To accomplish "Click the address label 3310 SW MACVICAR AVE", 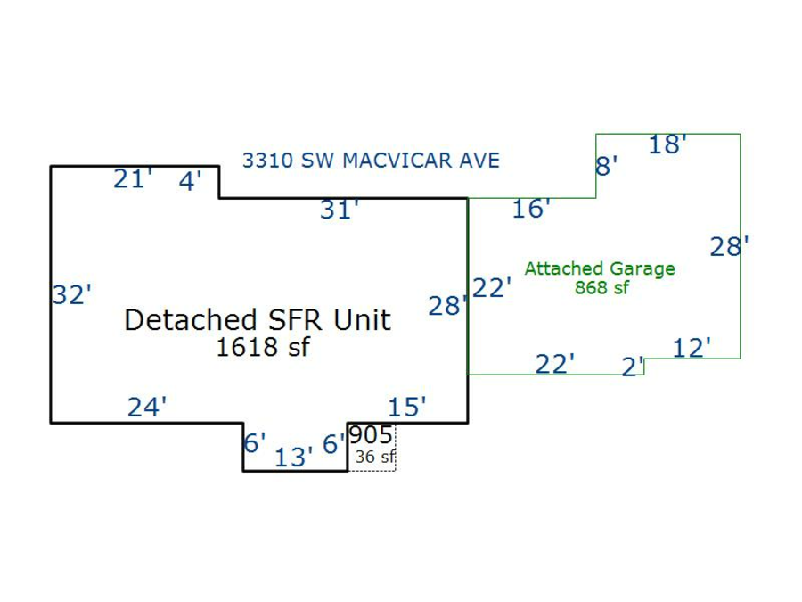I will pos(371,161).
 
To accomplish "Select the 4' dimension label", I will pos(191,181).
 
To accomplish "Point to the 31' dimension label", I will pos(340,210).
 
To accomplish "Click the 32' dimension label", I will pos(71,294).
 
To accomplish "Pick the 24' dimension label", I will pos(147,408).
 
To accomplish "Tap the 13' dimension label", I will pos(294,458).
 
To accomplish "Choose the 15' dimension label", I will pos(407,408).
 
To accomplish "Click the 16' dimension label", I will pos(531,209).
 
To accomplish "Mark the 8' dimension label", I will pos(606,166).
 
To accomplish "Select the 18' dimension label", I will pos(667,144).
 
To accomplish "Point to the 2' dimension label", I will pos(633,366).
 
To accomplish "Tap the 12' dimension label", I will pos(692,348).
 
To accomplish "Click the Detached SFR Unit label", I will pos(258,319).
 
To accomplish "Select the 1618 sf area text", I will pos(262,347).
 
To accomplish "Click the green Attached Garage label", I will pos(600,268).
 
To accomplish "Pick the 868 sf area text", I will pos(601,287).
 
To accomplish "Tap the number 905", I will pos(371,435).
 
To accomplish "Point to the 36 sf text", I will pos(374,457).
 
